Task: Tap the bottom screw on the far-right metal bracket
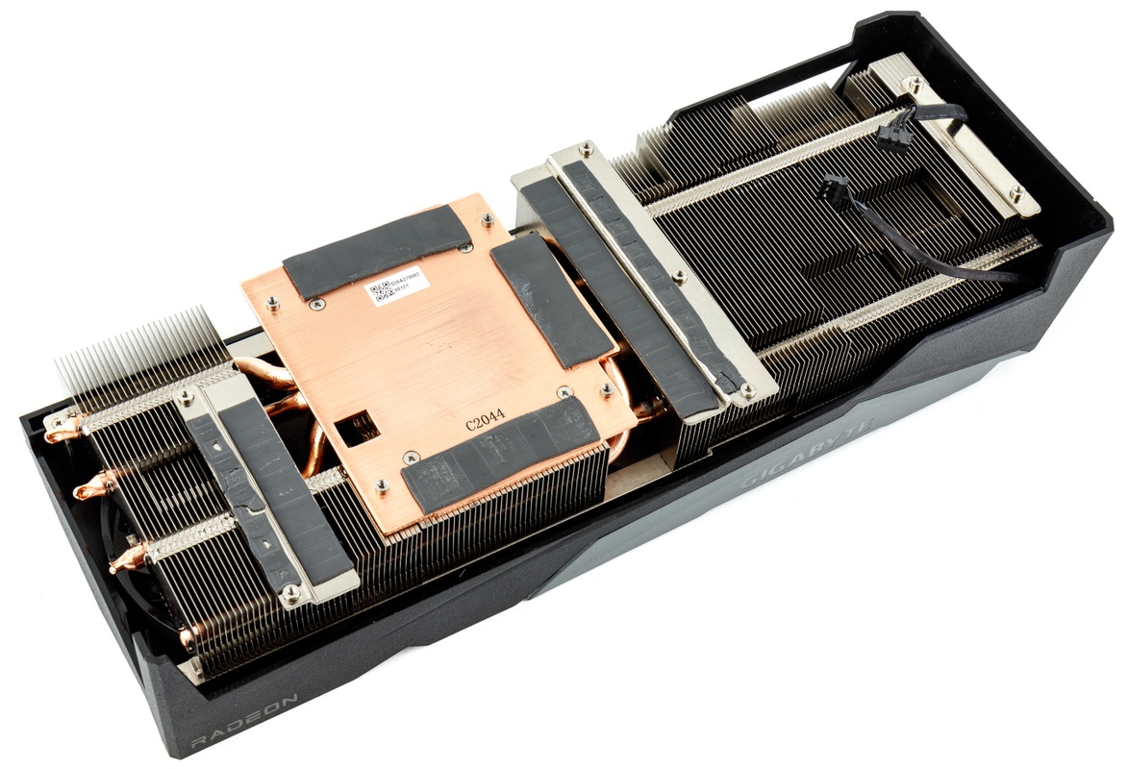[1016, 195]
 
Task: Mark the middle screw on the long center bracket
[679, 277]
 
